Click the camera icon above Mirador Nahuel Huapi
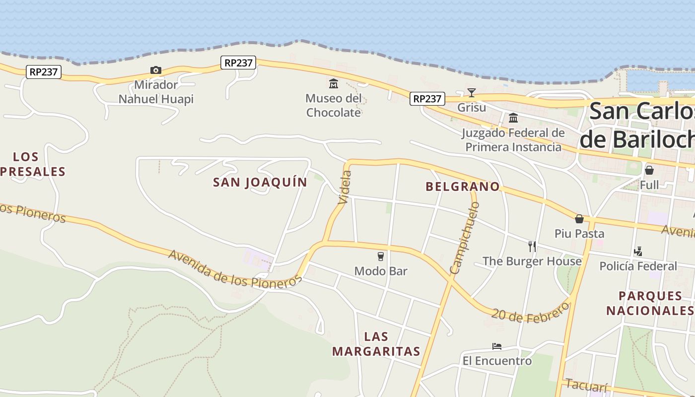coord(156,70)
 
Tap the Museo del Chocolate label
coord(334,105)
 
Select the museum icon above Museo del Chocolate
coord(334,83)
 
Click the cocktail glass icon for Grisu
coord(471,92)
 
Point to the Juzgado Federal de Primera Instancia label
coord(513,140)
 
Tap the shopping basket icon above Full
coord(649,170)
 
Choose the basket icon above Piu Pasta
coord(579,219)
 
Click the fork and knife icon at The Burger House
coord(532,246)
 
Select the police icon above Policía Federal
coord(638,252)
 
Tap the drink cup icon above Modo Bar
coord(381,257)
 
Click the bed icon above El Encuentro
coord(496,346)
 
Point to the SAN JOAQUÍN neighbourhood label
coord(260,182)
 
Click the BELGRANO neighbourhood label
coord(463,187)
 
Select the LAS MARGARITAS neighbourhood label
coord(376,344)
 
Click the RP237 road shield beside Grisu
coord(427,99)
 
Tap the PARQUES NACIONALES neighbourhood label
coord(650,303)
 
